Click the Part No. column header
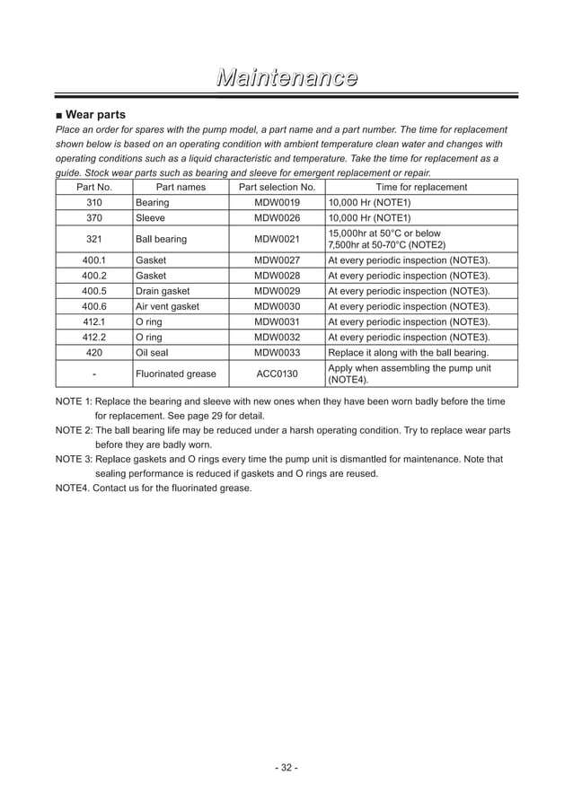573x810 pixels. click(94, 187)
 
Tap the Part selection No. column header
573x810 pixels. click(277, 187)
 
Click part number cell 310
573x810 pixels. click(94, 202)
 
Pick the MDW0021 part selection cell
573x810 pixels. click(277, 239)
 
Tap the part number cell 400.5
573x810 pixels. click(94, 291)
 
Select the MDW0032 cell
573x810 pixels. click(277, 337)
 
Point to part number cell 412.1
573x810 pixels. click(94, 321)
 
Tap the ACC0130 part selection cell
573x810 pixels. click(277, 374)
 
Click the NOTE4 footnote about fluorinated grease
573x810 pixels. click(154, 489)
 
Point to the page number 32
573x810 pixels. click(286, 767)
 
